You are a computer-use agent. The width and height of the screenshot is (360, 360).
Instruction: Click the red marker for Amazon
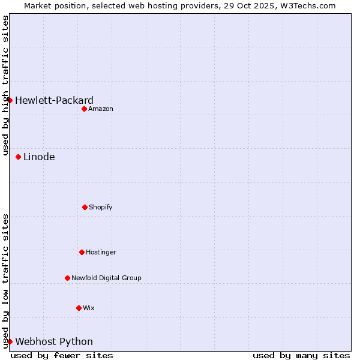(x=85, y=109)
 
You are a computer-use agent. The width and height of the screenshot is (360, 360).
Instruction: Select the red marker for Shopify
(x=85, y=207)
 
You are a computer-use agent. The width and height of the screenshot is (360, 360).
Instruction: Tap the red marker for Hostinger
(x=82, y=252)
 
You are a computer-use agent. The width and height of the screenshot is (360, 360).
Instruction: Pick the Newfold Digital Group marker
(x=67, y=278)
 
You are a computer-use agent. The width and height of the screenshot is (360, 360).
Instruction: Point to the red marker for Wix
(x=79, y=308)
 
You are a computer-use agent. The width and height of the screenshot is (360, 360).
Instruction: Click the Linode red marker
(x=19, y=157)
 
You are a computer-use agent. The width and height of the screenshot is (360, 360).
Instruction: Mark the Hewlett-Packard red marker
(x=10, y=100)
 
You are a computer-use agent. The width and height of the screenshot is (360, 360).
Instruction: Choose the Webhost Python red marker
(x=10, y=341)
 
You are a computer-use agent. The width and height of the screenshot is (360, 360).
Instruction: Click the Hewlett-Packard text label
(x=54, y=100)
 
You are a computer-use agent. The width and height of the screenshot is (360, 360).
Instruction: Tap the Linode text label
(x=39, y=157)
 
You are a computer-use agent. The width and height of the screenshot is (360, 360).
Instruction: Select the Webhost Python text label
(x=54, y=341)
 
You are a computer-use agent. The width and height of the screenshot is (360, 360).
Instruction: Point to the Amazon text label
(x=101, y=109)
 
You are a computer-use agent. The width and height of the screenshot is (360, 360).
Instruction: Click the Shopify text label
(x=101, y=207)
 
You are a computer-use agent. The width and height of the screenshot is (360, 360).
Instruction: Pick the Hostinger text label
(x=101, y=252)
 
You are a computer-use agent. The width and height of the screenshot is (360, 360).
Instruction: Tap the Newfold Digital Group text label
(x=106, y=278)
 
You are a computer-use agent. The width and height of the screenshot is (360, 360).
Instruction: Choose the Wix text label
(x=89, y=308)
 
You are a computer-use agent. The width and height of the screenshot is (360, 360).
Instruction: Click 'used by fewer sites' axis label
(x=62, y=355)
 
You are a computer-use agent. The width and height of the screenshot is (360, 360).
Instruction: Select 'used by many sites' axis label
(x=301, y=355)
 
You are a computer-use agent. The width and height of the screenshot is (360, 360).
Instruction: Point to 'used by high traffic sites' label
(x=5, y=85)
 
